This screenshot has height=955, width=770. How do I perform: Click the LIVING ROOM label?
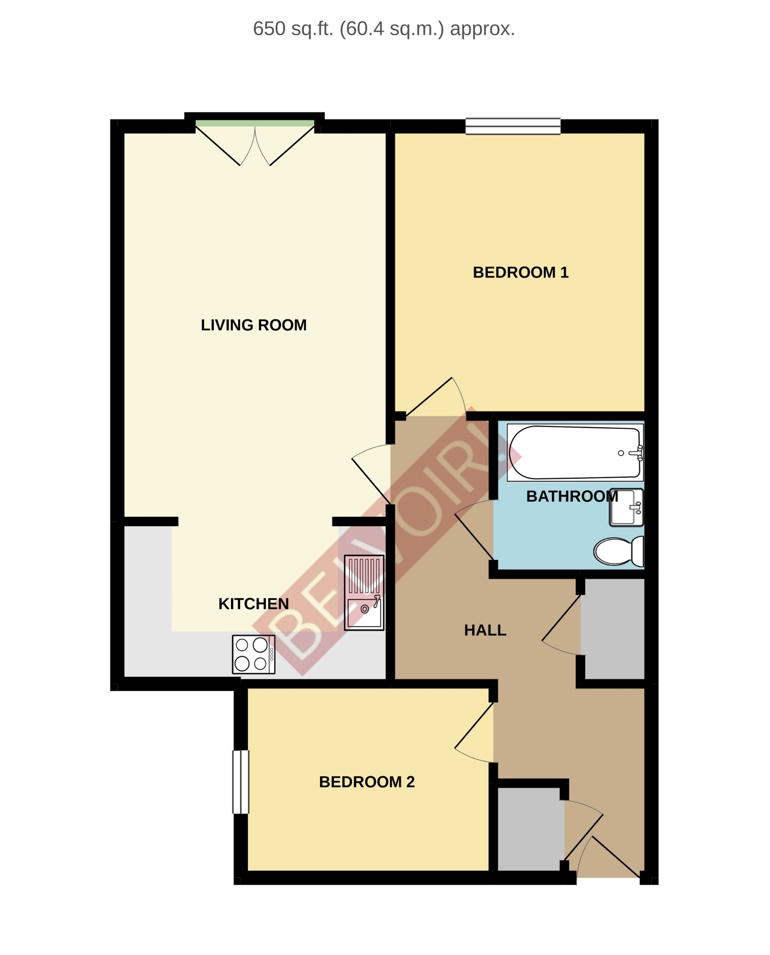tap(253, 325)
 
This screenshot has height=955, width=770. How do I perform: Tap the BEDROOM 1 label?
tap(520, 272)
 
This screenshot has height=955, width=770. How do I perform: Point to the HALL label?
tap(485, 631)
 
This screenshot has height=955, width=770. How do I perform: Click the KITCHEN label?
tap(253, 604)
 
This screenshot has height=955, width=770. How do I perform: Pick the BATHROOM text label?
tap(572, 496)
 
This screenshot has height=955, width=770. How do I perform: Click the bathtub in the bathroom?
tap(575, 452)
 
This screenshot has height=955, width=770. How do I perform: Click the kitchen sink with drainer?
tap(364, 592)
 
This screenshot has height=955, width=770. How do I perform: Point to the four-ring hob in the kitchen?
tap(253, 654)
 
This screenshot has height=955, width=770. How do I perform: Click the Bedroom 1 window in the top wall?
tap(513, 126)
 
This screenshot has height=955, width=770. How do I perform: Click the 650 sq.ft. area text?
tap(384, 29)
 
